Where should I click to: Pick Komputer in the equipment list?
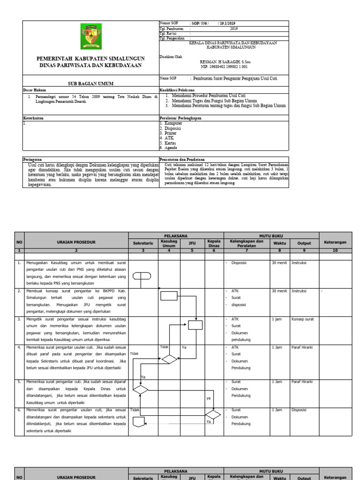coord(172,123)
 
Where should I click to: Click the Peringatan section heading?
coord(34,159)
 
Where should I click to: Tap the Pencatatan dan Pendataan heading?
coord(185,159)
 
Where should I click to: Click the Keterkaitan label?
coord(33,118)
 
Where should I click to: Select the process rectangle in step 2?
coord(169,295)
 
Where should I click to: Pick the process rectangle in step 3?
coord(195,325)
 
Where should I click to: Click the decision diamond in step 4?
coord(169,359)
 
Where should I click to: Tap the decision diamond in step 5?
coord(141,389)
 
